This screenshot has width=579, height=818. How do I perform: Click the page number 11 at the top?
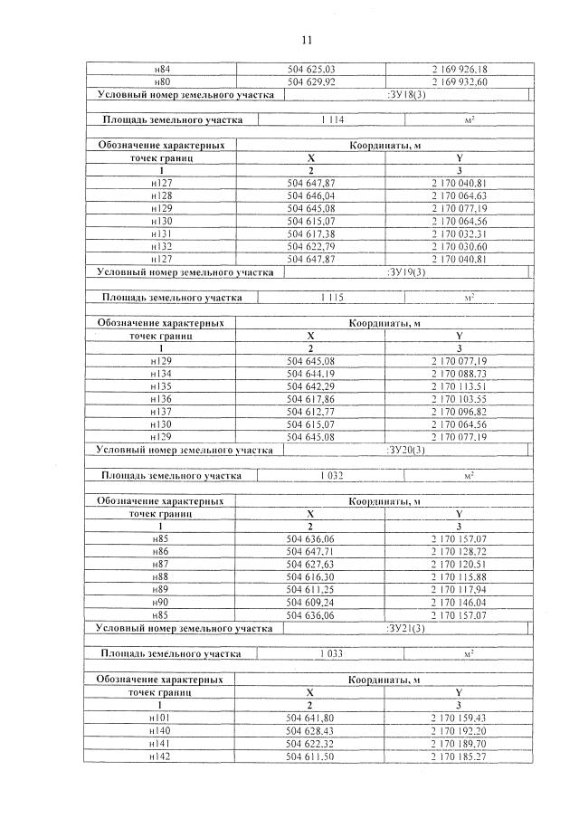click(x=306, y=41)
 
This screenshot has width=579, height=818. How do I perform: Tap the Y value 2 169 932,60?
click(x=460, y=81)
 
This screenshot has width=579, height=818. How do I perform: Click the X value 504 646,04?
click(x=310, y=195)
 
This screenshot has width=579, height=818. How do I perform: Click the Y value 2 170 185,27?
click(x=460, y=756)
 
